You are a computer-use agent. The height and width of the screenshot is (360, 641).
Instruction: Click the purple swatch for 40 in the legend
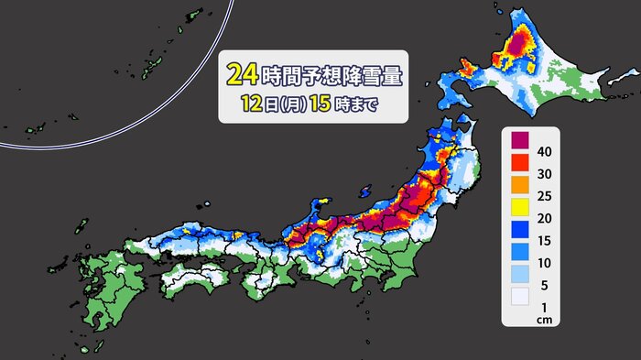coord(521,141)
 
